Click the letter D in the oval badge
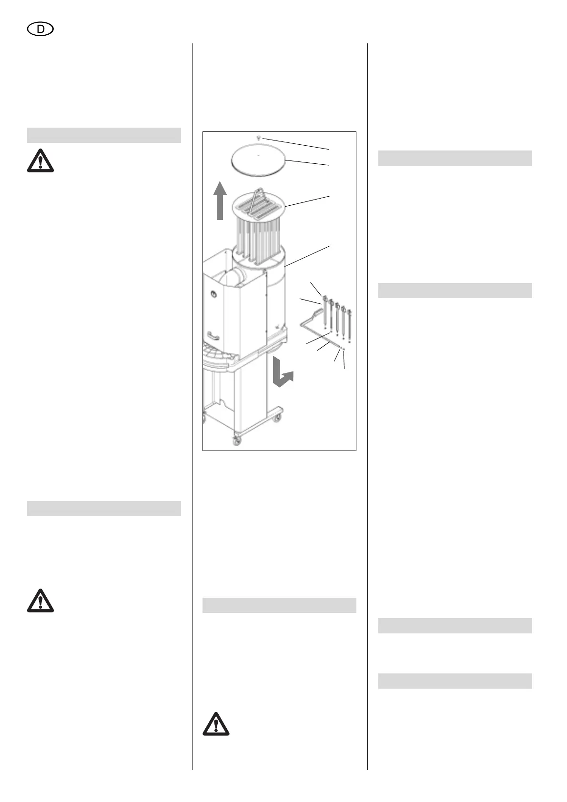[41, 30]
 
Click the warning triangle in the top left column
[40, 161]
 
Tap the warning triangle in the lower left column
[40, 601]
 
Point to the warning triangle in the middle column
[216, 724]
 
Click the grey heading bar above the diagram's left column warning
[104, 135]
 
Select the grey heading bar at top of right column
[455, 158]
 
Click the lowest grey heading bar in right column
[455, 681]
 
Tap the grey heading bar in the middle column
[279, 605]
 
